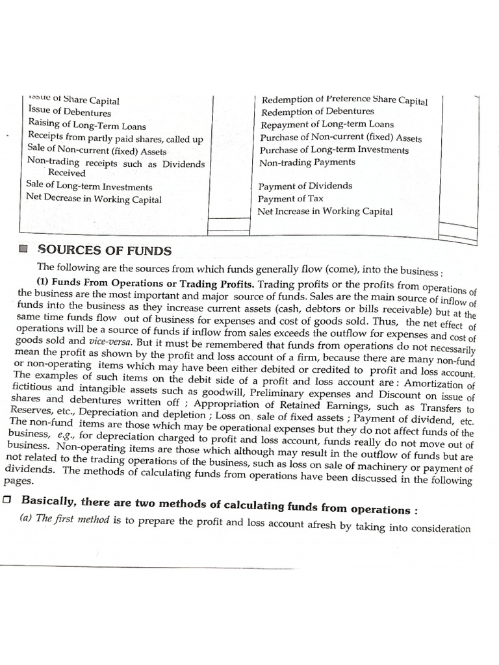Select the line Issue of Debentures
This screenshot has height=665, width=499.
click(70, 112)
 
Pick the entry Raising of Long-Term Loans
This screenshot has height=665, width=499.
click(87, 126)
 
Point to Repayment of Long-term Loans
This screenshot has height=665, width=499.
click(327, 125)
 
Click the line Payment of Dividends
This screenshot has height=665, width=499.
click(305, 186)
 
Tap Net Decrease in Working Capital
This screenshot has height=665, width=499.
click(94, 199)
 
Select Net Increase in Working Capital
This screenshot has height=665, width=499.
click(325, 211)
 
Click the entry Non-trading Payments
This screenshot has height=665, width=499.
click(307, 162)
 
